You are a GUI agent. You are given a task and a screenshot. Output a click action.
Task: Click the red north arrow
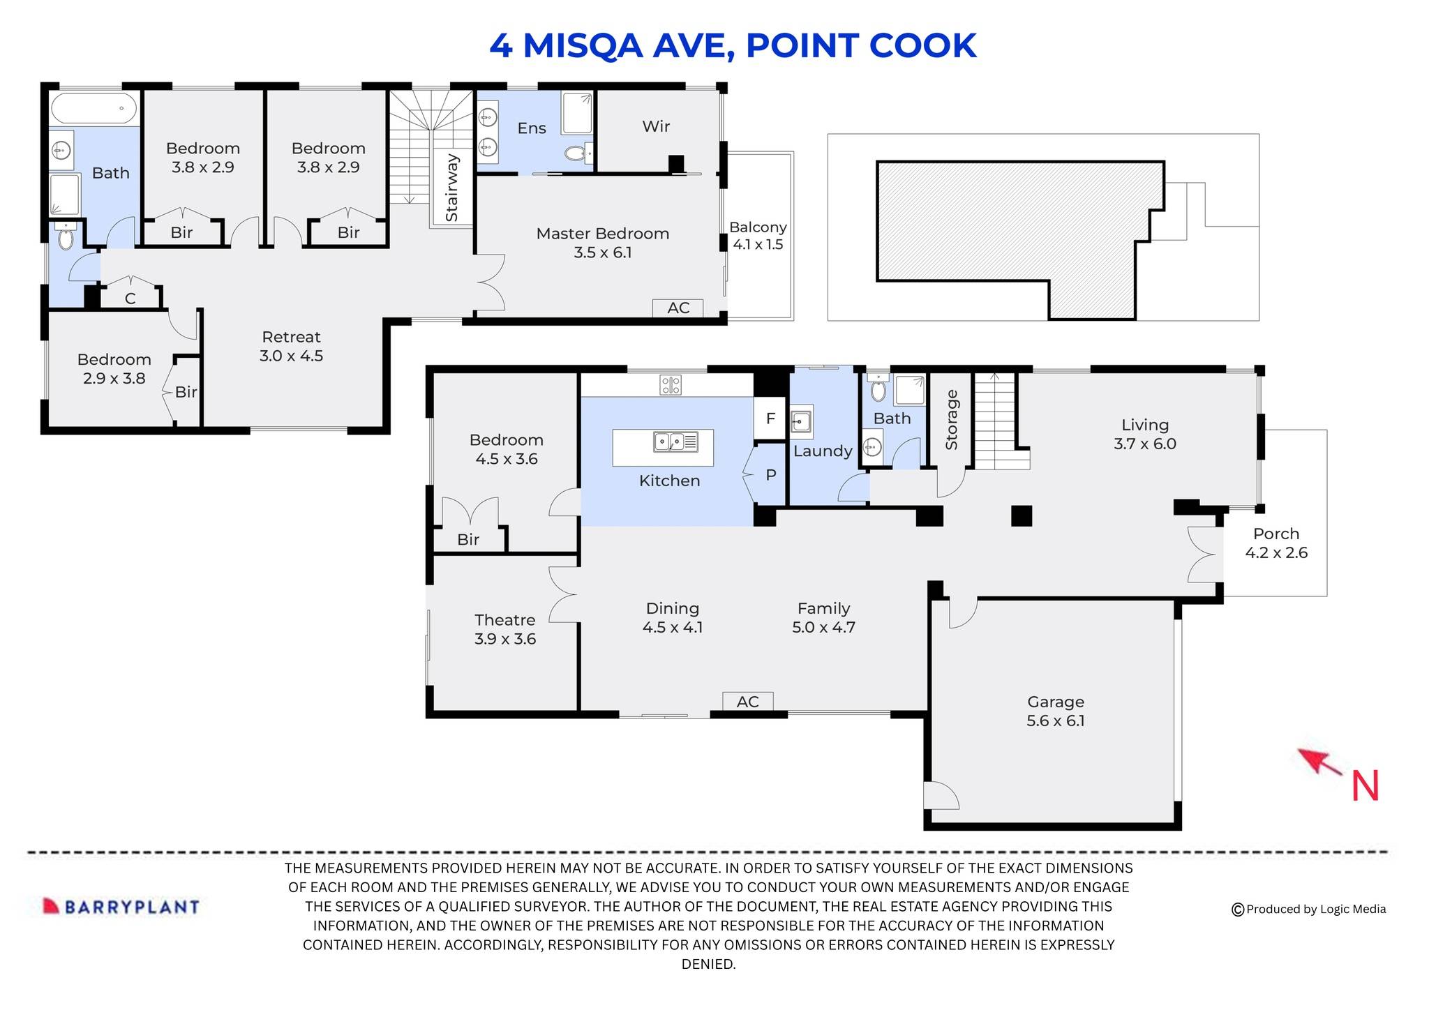coord(1319,762)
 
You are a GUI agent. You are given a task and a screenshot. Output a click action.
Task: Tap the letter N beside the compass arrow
coord(1365,786)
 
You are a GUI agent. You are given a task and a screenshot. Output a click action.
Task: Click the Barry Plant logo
coord(121,906)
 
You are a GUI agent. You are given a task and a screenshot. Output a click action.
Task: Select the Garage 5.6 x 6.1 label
coord(1055,711)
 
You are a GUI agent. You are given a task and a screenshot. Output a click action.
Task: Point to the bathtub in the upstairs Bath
coord(93,109)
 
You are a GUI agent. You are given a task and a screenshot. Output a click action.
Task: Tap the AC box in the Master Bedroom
coord(678,308)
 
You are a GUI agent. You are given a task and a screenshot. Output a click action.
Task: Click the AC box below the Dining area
coord(747,701)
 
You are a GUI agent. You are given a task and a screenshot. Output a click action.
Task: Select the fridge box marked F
coord(770,419)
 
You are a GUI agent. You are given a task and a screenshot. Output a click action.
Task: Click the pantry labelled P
coord(770,475)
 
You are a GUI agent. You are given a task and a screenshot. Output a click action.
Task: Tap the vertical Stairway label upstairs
coord(452,187)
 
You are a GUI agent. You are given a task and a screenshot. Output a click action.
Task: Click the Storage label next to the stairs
coord(952,420)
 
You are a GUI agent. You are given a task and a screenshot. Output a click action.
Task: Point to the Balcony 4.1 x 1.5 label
coord(758,236)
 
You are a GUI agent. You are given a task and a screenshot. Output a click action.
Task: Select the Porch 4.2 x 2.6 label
coord(1275,543)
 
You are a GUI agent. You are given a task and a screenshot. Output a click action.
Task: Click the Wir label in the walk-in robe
coord(656,126)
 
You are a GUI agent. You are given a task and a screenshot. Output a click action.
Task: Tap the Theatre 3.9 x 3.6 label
coord(504,629)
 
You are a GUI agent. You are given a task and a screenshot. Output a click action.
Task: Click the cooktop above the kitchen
coord(671,384)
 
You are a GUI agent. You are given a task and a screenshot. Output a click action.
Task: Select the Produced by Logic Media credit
coord(1308,909)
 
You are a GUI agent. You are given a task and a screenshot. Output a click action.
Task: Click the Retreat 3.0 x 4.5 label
coord(291,347)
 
